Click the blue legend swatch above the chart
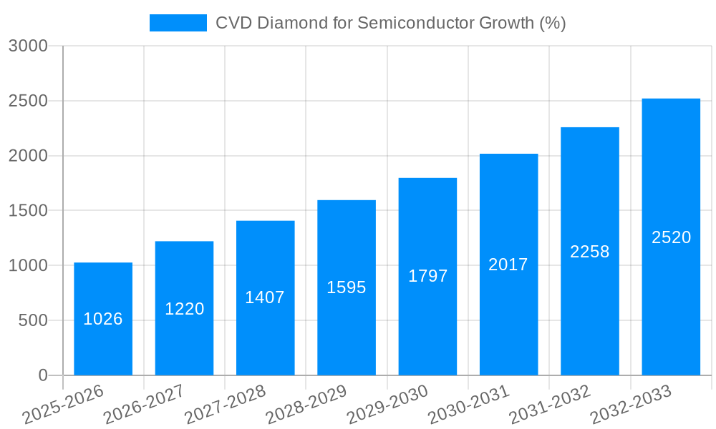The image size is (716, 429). (x=178, y=23)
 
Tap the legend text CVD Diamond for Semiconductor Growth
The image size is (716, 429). (x=390, y=23)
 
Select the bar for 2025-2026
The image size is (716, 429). (x=103, y=318)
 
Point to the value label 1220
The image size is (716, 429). (x=185, y=309)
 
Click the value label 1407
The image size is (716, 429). (x=265, y=297)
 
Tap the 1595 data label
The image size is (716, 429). (x=347, y=287)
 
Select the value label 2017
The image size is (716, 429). (x=508, y=265)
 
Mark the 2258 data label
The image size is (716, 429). (x=589, y=252)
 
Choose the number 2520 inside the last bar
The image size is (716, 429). (x=671, y=237)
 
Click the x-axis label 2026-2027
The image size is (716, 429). (x=143, y=405)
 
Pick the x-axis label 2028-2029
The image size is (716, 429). (x=306, y=405)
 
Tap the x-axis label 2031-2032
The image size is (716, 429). (x=549, y=405)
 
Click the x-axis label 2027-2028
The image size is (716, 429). (x=225, y=405)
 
